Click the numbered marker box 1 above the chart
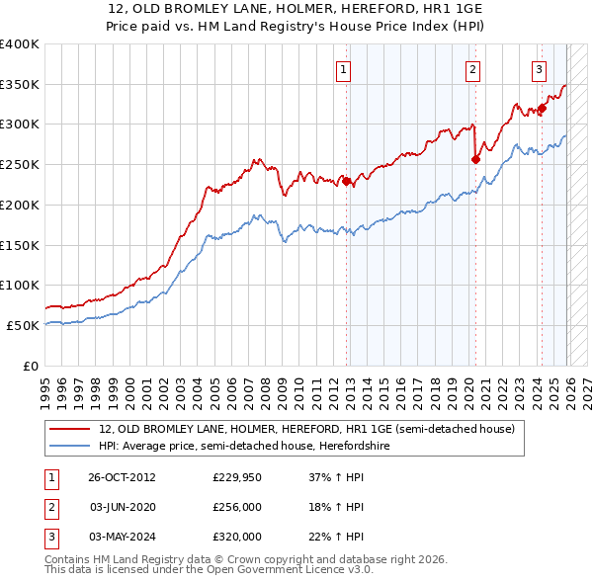coord(342,69)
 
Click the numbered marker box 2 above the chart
coord(473,69)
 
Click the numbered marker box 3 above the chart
coord(539,69)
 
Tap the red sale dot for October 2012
coord(346,181)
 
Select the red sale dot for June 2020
coord(475,159)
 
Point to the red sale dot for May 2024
coord(542,109)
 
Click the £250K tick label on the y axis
coord(20,165)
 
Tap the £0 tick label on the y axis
coord(30,366)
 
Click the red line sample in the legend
coord(71,430)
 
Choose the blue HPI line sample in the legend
coord(71,446)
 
